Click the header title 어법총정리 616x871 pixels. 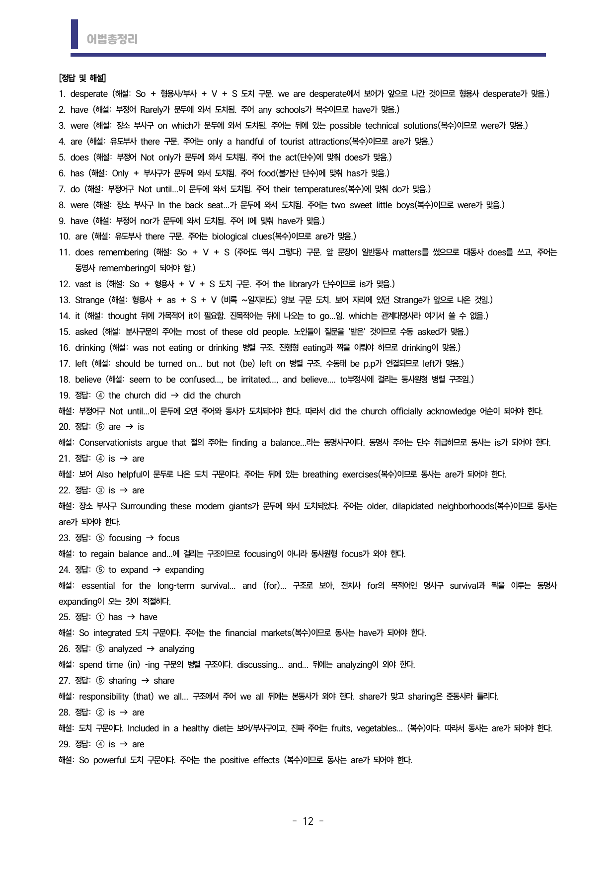click(112, 39)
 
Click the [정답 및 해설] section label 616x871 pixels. click(82, 78)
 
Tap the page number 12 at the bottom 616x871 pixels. click(308, 821)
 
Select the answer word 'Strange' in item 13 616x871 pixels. click(89, 300)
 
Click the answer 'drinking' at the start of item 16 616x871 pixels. click(90, 348)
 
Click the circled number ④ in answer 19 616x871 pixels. click(100, 396)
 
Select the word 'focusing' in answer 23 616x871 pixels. click(125, 538)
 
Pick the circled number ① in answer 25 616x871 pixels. click(100, 617)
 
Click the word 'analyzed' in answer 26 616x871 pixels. click(125, 649)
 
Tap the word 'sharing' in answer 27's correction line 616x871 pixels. click(122, 681)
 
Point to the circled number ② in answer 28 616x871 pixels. click(100, 713)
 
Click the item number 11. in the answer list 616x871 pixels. click(65, 252)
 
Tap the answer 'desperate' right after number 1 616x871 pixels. click(89, 94)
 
